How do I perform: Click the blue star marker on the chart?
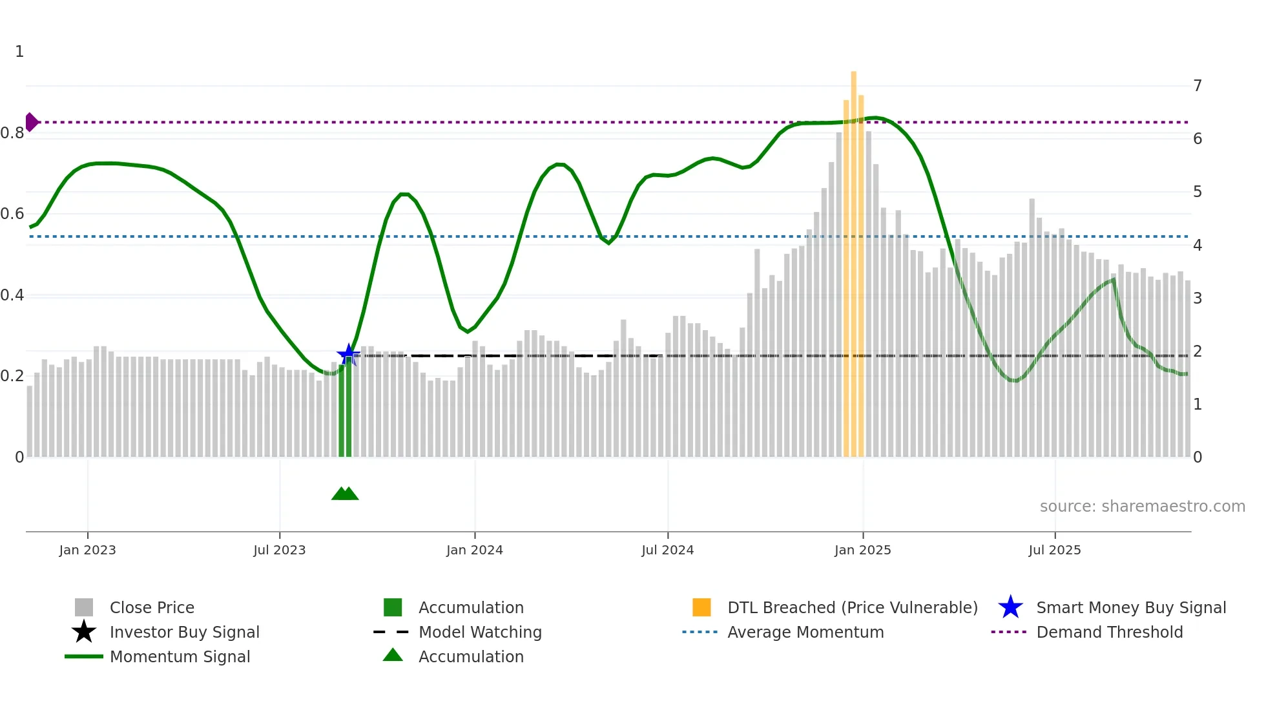[348, 354]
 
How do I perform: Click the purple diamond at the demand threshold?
[31, 122]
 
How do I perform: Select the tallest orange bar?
[853, 258]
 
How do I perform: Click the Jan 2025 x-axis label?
[862, 550]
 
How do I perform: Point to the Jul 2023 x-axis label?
[279, 550]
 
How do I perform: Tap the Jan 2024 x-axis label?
[474, 550]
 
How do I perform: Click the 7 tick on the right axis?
[1197, 85]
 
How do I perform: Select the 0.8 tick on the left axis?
[12, 133]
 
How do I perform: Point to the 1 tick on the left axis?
[19, 52]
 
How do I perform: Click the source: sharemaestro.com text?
[1142, 506]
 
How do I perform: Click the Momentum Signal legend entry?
[180, 656]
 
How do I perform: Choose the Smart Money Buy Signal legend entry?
[1130, 607]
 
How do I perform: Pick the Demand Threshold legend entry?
[1109, 632]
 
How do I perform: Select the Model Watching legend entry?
[479, 632]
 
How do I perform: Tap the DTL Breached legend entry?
[852, 607]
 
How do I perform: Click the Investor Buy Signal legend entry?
[184, 632]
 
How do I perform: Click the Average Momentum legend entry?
[805, 632]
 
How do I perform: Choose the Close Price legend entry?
[152, 607]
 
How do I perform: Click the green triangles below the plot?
[345, 494]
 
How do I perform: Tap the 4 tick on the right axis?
[1197, 245]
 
